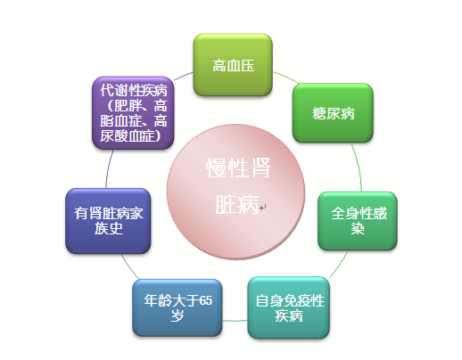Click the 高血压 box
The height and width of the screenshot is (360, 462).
[233, 65]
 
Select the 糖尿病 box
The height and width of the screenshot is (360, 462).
[333, 113]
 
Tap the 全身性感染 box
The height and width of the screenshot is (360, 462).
[358, 221]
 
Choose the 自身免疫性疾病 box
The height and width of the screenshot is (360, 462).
[289, 307]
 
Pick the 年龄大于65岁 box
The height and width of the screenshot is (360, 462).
[177, 307]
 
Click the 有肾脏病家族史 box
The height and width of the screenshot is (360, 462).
[108, 221]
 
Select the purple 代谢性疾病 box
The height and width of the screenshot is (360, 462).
[133, 113]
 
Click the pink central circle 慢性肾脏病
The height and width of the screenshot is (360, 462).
[236, 192]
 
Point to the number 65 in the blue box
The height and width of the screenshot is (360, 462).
[205, 300]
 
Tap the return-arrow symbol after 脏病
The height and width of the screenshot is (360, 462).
[263, 207]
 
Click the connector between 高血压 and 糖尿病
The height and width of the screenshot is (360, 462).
[286, 77]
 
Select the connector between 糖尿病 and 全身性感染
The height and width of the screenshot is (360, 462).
[358, 167]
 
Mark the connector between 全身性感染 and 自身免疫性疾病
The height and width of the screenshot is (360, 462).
[339, 265]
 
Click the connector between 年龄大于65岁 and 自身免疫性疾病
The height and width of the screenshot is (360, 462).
[235, 321]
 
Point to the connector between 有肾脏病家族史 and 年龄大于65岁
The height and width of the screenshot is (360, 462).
[129, 267]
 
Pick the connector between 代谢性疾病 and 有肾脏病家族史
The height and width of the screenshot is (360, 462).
[109, 168]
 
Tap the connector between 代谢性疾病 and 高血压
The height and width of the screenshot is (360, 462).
[184, 76]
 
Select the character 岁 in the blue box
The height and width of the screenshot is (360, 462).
[177, 315]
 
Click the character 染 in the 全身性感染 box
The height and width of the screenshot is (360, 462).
[358, 229]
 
